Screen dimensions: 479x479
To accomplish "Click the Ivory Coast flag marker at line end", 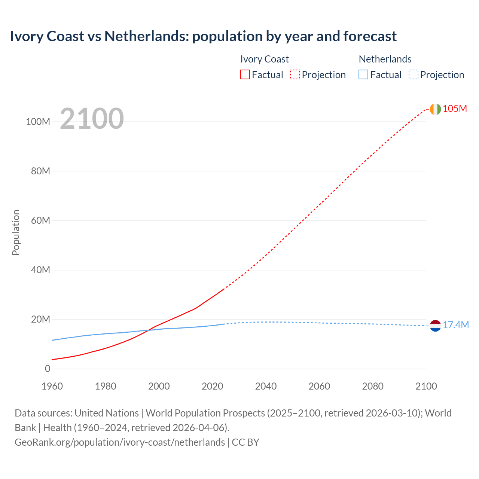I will point(435,109).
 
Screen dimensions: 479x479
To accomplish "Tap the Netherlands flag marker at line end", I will point(435,326).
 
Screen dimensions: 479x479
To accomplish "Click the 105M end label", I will point(455,109).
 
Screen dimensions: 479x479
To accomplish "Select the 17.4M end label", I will point(455,325).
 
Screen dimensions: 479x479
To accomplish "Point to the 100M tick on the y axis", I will point(38,122).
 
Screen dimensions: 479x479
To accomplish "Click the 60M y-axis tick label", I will point(40,220).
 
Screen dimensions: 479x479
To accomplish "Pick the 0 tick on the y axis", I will point(47,369).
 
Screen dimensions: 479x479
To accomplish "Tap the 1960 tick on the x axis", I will point(52,386).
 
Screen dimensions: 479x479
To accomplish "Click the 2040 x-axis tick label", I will point(266,386).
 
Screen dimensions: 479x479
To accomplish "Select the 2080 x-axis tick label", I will point(373,386).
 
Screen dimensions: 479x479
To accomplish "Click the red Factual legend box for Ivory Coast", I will point(245,75).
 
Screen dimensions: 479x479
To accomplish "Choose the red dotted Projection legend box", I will point(295,75).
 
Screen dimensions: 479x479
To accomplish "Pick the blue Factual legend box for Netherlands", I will point(363,75).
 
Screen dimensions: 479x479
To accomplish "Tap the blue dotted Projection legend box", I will point(413,75).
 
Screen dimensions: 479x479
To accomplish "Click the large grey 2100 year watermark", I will point(92,119).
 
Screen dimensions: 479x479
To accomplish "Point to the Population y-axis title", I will point(16,232).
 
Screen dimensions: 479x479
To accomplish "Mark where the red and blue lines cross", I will point(149,330).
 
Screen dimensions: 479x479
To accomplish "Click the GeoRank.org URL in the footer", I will point(120,442).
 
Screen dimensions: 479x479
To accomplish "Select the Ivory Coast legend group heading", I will point(264,59).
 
